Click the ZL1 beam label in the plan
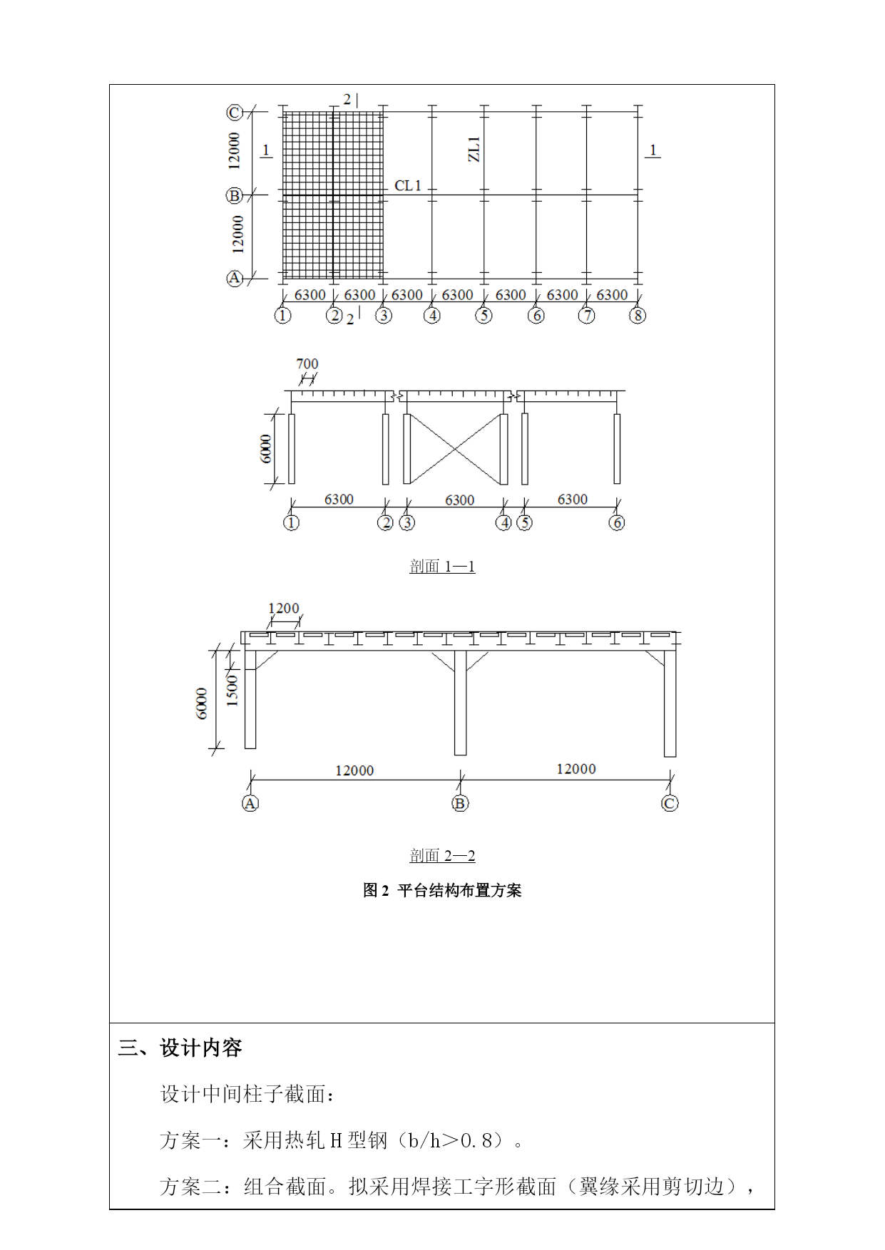point(474,149)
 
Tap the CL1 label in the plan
point(408,185)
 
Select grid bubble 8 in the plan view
point(638,315)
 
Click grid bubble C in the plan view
point(235,113)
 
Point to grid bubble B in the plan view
point(235,195)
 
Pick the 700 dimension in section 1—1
point(307,364)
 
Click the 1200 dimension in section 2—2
point(284,609)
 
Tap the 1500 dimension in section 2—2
point(232,691)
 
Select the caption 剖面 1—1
point(442,567)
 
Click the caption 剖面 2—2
point(442,855)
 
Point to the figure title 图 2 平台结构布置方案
point(442,890)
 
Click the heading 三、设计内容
point(180,1048)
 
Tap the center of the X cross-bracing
point(455,449)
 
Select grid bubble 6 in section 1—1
point(617,523)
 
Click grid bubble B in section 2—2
point(460,804)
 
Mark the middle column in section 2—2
point(460,702)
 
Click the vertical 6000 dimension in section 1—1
point(266,449)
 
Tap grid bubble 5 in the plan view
point(484,315)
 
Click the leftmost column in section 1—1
point(292,449)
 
